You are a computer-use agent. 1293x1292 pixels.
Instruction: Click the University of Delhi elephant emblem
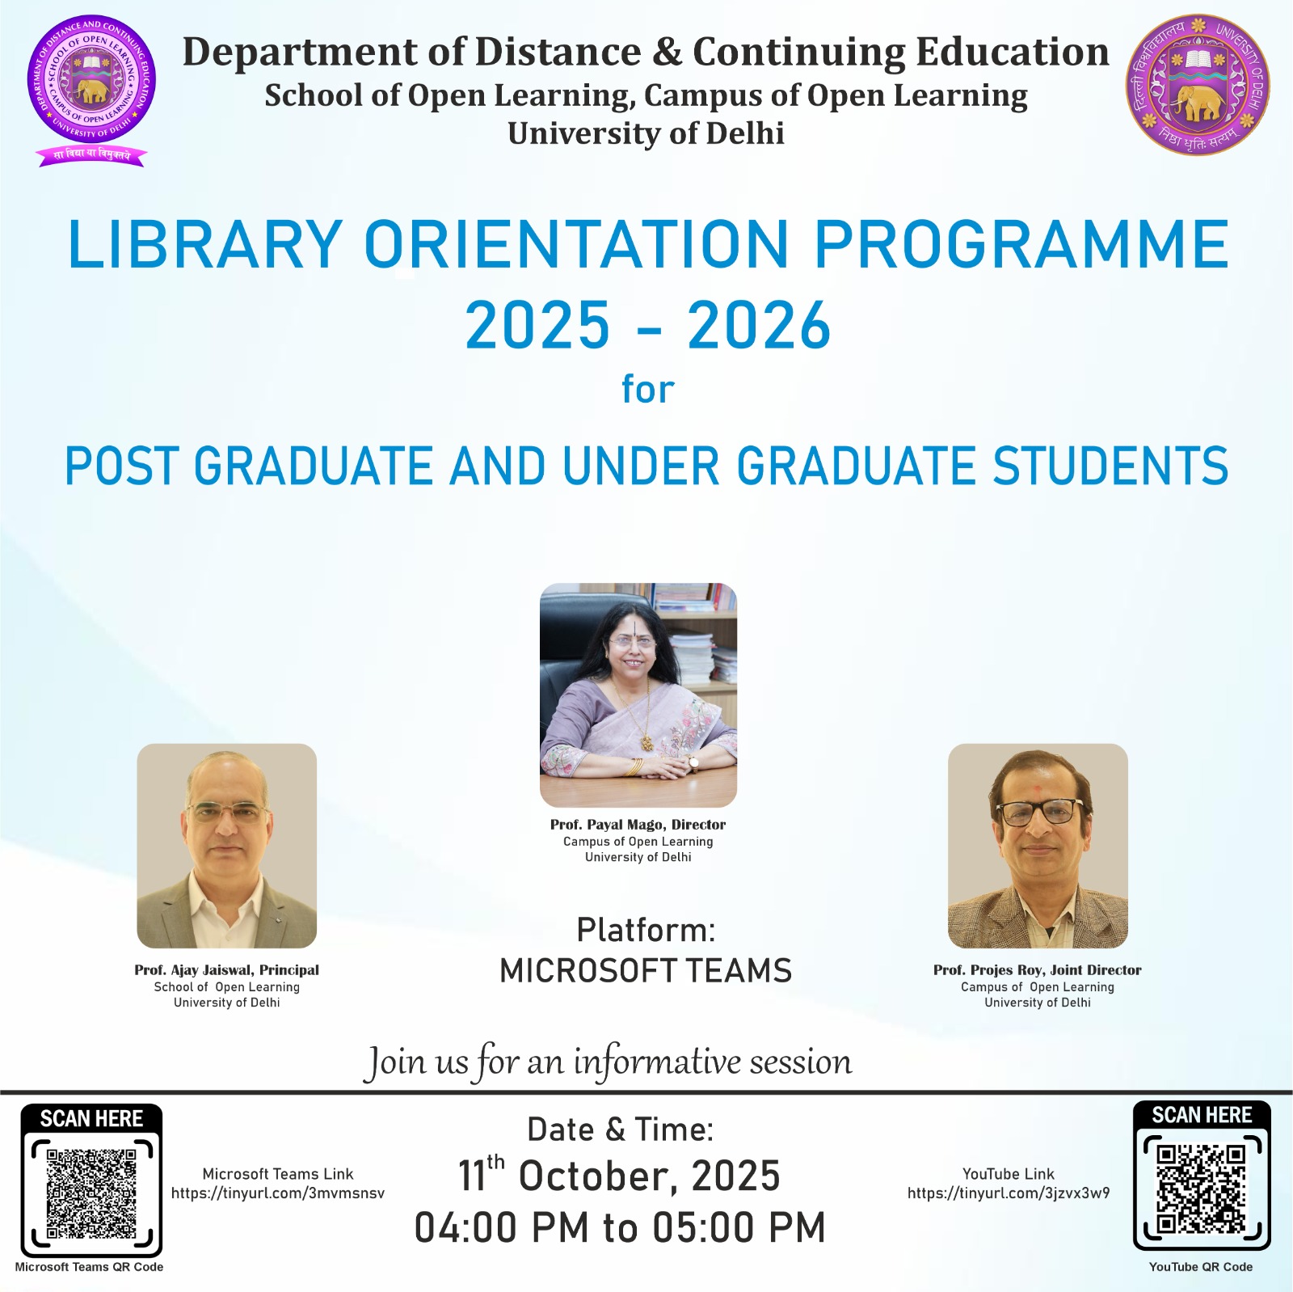click(1198, 85)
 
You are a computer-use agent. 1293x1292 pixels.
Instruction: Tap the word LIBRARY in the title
click(206, 244)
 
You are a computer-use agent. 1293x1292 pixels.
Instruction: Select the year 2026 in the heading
click(759, 325)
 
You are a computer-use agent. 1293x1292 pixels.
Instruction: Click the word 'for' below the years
click(648, 389)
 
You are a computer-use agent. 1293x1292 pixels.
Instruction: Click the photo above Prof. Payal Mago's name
click(638, 695)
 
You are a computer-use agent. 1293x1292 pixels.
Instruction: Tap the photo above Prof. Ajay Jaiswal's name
click(227, 846)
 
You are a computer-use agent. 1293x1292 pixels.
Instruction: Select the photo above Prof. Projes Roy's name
click(1038, 846)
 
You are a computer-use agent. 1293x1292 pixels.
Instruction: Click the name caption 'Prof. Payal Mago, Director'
click(638, 825)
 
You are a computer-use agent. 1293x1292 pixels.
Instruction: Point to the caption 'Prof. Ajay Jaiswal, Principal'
click(227, 970)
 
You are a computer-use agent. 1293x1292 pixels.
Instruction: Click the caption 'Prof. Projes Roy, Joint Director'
click(1038, 970)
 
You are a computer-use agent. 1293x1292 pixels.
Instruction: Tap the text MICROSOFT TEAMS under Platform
click(646, 970)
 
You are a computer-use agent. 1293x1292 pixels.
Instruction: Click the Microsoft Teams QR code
click(91, 1193)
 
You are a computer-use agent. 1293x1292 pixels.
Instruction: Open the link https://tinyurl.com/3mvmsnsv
click(278, 1193)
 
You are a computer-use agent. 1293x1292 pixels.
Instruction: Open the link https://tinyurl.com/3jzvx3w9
click(1009, 1193)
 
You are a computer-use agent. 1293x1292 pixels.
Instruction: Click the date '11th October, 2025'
click(619, 1175)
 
